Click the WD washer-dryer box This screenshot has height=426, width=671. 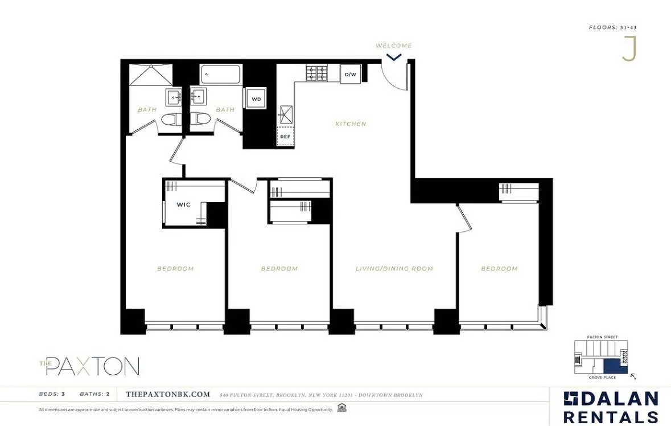click(x=256, y=99)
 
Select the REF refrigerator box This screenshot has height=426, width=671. click(x=285, y=137)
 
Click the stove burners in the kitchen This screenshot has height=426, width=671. click(x=317, y=73)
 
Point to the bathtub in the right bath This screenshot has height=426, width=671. click(x=220, y=74)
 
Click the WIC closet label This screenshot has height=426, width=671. click(x=183, y=204)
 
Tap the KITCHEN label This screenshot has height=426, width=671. click(x=351, y=124)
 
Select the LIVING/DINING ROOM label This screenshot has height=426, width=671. click(x=394, y=268)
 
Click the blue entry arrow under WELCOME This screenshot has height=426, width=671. click(x=394, y=56)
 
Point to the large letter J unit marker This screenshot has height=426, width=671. click(x=628, y=49)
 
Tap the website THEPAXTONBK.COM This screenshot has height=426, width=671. click(x=168, y=395)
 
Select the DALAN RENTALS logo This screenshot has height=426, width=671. click(x=611, y=407)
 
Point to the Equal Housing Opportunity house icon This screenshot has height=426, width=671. click(x=341, y=408)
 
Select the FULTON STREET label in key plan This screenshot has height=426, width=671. click(x=602, y=337)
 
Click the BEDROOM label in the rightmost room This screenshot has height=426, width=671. click(x=499, y=268)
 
